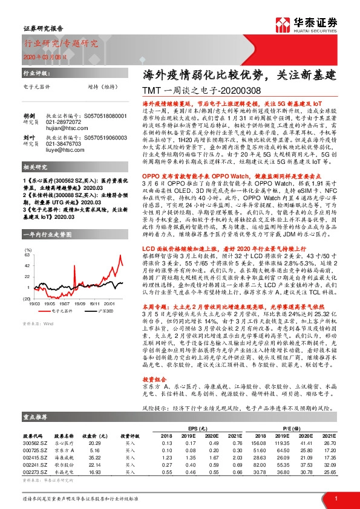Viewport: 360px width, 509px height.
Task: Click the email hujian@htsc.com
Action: [64, 137]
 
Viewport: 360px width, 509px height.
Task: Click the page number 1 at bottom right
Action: [335, 499]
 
